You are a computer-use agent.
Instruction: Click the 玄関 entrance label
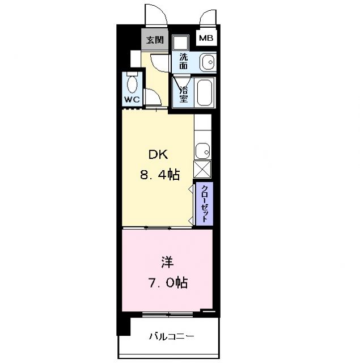(x=154, y=40)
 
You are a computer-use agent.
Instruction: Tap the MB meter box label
(x=205, y=39)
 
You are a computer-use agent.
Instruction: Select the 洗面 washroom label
(x=183, y=61)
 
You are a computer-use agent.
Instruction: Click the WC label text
(x=132, y=99)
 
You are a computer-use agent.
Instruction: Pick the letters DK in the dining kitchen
(x=159, y=155)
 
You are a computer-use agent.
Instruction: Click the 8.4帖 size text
(x=160, y=175)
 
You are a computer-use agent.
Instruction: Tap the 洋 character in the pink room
(x=167, y=263)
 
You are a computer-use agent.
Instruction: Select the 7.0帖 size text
(x=167, y=282)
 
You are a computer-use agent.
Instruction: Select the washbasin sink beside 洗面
(x=207, y=61)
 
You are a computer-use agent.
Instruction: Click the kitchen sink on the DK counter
(x=202, y=151)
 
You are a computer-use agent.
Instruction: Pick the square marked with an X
(x=202, y=170)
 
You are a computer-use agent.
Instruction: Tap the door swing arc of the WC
(x=153, y=97)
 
